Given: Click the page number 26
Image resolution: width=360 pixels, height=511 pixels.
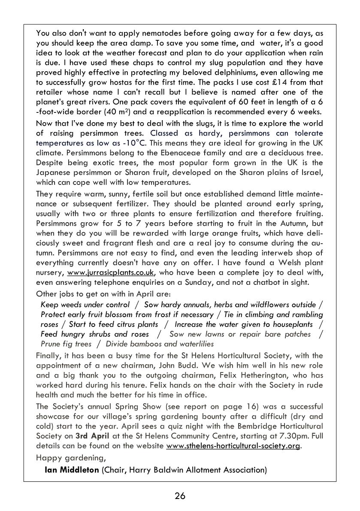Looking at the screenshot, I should (180, 496).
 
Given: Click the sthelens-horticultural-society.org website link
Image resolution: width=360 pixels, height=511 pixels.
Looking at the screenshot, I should (233, 446).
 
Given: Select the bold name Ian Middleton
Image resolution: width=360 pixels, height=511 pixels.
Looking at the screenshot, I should (72, 470).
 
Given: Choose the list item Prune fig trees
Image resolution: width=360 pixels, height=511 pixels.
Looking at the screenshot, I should (66, 344).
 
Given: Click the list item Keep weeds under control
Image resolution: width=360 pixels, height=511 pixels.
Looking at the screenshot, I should (85, 305).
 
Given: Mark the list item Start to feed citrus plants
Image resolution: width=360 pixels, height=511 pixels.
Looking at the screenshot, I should (113, 324).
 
